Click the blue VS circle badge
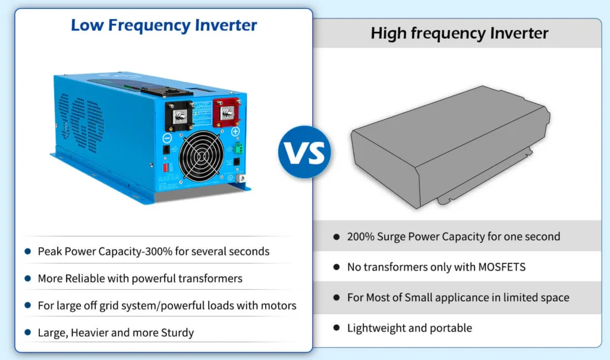pyautogui.click(x=304, y=152)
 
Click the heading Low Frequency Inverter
pyautogui.click(x=164, y=25)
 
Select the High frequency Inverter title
pyautogui.click(x=459, y=33)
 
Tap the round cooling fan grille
pyautogui.click(x=201, y=156)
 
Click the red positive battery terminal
pyautogui.click(x=226, y=113)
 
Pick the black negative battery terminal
pyautogui.click(x=179, y=116)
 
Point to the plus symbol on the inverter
pyautogui.click(x=235, y=132)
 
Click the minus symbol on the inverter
pyautogui.click(x=167, y=138)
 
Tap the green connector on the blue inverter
pyautogui.click(x=238, y=148)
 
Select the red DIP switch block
pyautogui.click(x=166, y=167)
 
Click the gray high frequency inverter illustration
pyautogui.click(x=450, y=147)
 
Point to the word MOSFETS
pyautogui.click(x=502, y=267)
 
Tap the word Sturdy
pyautogui.click(x=178, y=333)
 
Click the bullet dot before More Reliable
pyautogui.click(x=27, y=278)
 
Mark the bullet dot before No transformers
pyautogui.click(x=337, y=267)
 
